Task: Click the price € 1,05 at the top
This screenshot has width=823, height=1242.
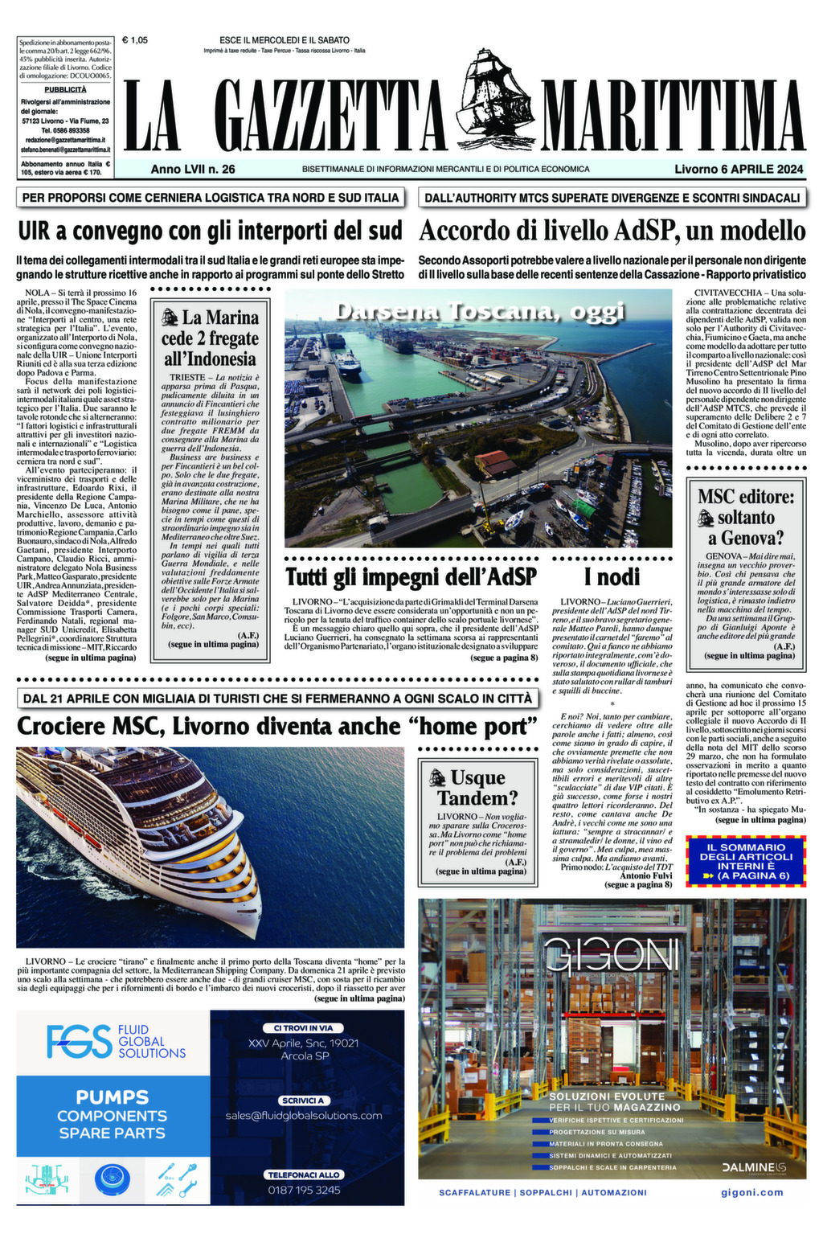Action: coord(135,39)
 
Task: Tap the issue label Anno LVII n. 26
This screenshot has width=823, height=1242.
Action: coord(193,169)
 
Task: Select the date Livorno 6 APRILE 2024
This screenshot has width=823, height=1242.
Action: coord(739,169)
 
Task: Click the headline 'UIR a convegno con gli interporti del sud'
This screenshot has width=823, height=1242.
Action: coord(210,231)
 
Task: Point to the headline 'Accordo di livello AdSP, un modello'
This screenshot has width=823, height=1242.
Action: coord(612,231)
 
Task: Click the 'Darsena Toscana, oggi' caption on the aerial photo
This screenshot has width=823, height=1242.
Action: coord(478,312)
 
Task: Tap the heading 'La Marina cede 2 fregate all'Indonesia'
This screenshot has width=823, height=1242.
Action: coord(210,338)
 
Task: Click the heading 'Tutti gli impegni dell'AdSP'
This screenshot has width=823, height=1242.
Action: coord(411,576)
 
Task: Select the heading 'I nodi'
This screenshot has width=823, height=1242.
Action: coord(612,576)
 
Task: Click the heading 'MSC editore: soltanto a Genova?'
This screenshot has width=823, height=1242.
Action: coord(746,517)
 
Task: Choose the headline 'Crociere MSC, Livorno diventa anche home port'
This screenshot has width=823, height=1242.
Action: coord(276,726)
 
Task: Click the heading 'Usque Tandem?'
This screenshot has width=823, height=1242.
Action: coord(477,788)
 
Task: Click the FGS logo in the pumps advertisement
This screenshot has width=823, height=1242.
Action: coord(79,1042)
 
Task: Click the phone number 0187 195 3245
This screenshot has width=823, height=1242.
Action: coord(304,1190)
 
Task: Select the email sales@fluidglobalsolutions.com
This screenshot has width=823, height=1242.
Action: coord(304,1116)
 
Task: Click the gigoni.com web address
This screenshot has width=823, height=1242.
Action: coord(751,1192)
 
